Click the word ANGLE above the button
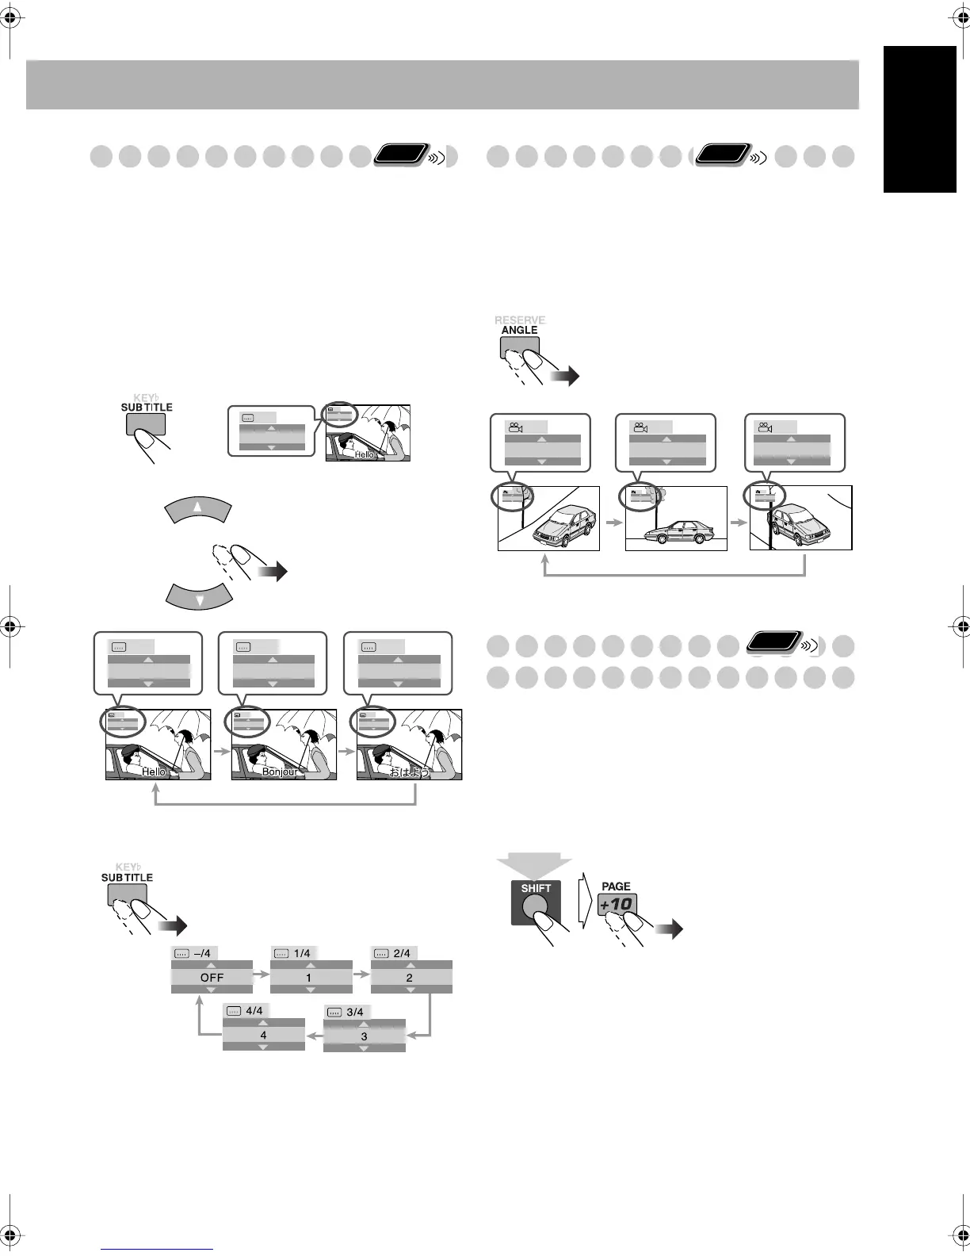pyautogui.click(x=519, y=330)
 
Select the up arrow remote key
pyautogui.click(x=198, y=508)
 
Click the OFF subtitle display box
pyautogui.click(x=212, y=977)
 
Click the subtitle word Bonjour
pyautogui.click(x=280, y=772)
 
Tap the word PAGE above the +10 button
pyautogui.click(x=616, y=886)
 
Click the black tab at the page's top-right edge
pyautogui.click(x=920, y=119)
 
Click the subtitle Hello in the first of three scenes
pyautogui.click(x=154, y=772)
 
